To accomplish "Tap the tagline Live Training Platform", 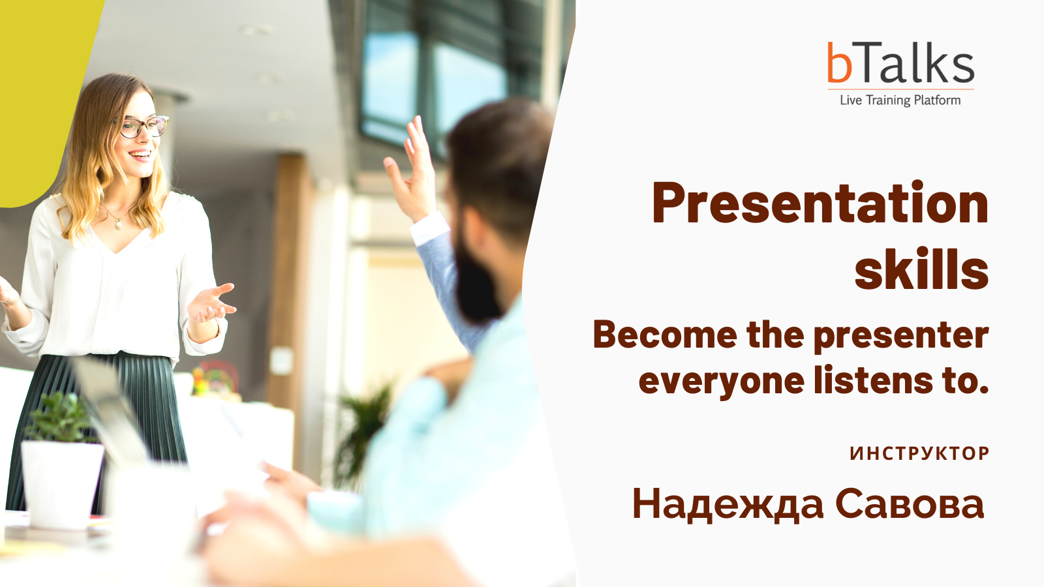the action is click(900, 100).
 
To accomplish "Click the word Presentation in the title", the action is click(820, 203).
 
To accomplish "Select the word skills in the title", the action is click(921, 269).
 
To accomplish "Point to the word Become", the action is click(666, 335).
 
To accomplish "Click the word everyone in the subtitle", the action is click(722, 382).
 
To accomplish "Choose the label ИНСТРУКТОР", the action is click(919, 453).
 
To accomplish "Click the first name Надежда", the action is click(728, 505).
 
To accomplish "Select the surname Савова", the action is click(910, 504).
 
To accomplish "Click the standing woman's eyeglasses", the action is click(142, 127).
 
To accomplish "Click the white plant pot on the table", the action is click(62, 485).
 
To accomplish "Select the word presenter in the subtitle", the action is click(901, 337).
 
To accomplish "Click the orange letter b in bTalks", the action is click(839, 63).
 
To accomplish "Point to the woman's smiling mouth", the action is click(141, 155).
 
